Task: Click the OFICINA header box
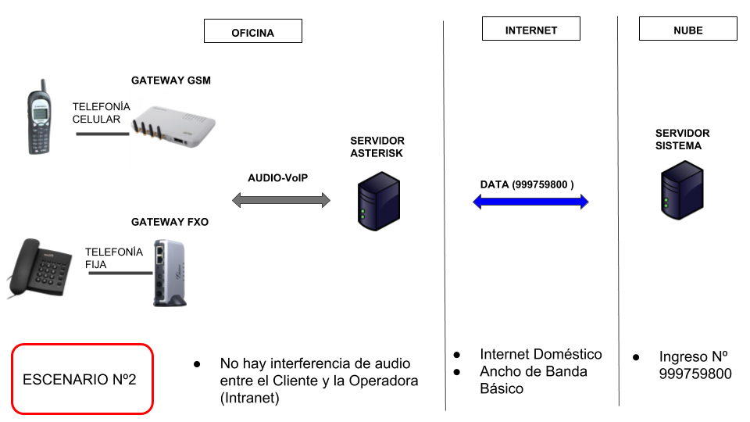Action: [x=252, y=31]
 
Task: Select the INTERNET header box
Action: [x=531, y=30]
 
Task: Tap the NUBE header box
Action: [x=687, y=30]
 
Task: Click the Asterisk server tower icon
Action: [x=378, y=202]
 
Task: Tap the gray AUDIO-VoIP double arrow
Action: [x=281, y=200]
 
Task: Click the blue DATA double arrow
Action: [x=530, y=202]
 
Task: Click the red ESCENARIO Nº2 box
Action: [x=82, y=379]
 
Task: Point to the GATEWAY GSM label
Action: [x=170, y=80]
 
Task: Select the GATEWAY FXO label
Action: [x=170, y=222]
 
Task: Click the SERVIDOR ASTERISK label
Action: [x=377, y=147]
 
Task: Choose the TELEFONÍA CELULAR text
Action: [x=98, y=113]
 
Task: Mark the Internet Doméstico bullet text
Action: [x=541, y=354]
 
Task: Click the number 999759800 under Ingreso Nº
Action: [x=695, y=374]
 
